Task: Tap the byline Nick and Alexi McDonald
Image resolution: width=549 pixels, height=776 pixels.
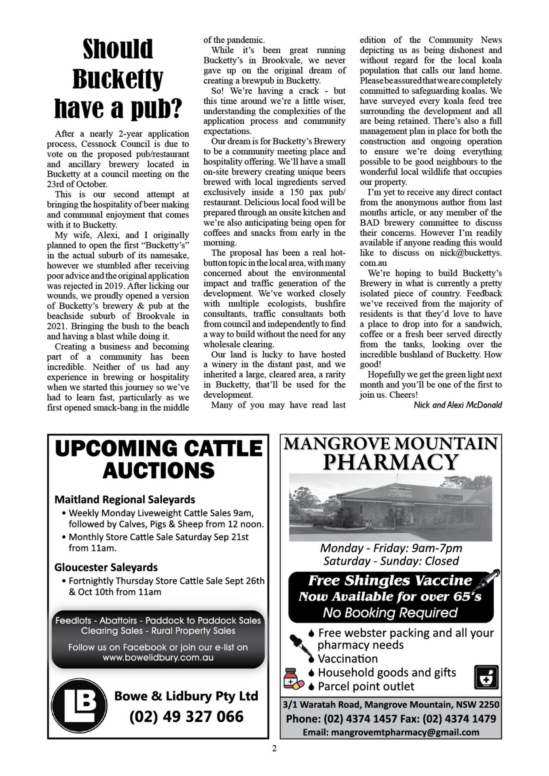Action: tap(458, 405)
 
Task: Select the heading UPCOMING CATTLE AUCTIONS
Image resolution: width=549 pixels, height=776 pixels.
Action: tap(158, 460)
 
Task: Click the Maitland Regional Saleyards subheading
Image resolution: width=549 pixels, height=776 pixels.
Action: tap(125, 500)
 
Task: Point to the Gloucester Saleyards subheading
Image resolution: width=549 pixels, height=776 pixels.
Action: tap(106, 567)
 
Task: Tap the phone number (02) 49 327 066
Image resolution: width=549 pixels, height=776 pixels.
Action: tap(186, 717)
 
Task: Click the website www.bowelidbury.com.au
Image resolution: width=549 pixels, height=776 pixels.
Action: tap(158, 658)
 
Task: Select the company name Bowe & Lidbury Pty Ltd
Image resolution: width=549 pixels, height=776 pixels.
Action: tap(186, 696)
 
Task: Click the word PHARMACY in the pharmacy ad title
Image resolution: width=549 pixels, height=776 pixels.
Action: tap(391, 462)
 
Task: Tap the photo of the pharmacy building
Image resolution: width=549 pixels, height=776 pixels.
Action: tap(391, 507)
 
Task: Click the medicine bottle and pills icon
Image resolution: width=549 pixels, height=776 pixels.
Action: tap(293, 679)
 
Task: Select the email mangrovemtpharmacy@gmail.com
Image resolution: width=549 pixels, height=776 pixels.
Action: tap(391, 732)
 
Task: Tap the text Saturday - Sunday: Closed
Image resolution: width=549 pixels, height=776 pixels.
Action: tap(391, 561)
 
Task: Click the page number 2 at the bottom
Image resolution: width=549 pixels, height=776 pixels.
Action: tap(274, 749)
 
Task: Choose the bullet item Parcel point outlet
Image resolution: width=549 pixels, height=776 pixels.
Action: tap(366, 686)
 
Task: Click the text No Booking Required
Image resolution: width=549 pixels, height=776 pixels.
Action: tap(390, 613)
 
